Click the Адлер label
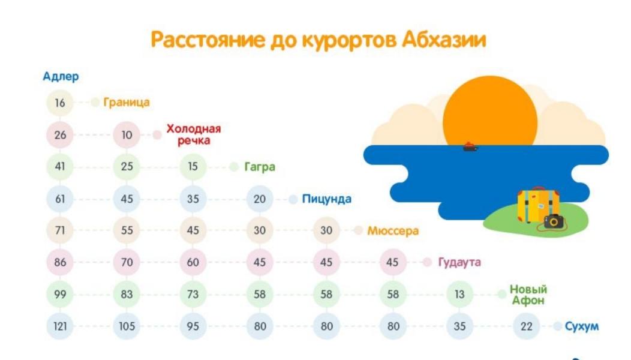click(61, 77)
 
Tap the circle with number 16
click(60, 103)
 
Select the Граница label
click(126, 103)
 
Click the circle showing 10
click(127, 135)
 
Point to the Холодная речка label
click(193, 135)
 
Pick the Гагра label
click(259, 167)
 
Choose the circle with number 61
click(60, 199)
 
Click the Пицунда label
click(326, 199)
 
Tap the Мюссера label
click(393, 231)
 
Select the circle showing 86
click(60, 262)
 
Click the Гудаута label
click(459, 262)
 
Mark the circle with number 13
click(459, 295)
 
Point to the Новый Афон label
click(528, 295)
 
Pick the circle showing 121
click(60, 327)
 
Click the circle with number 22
click(526, 327)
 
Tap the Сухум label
click(581, 327)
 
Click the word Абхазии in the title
click(444, 40)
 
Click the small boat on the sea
click(470, 146)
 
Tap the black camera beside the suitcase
click(554, 221)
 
